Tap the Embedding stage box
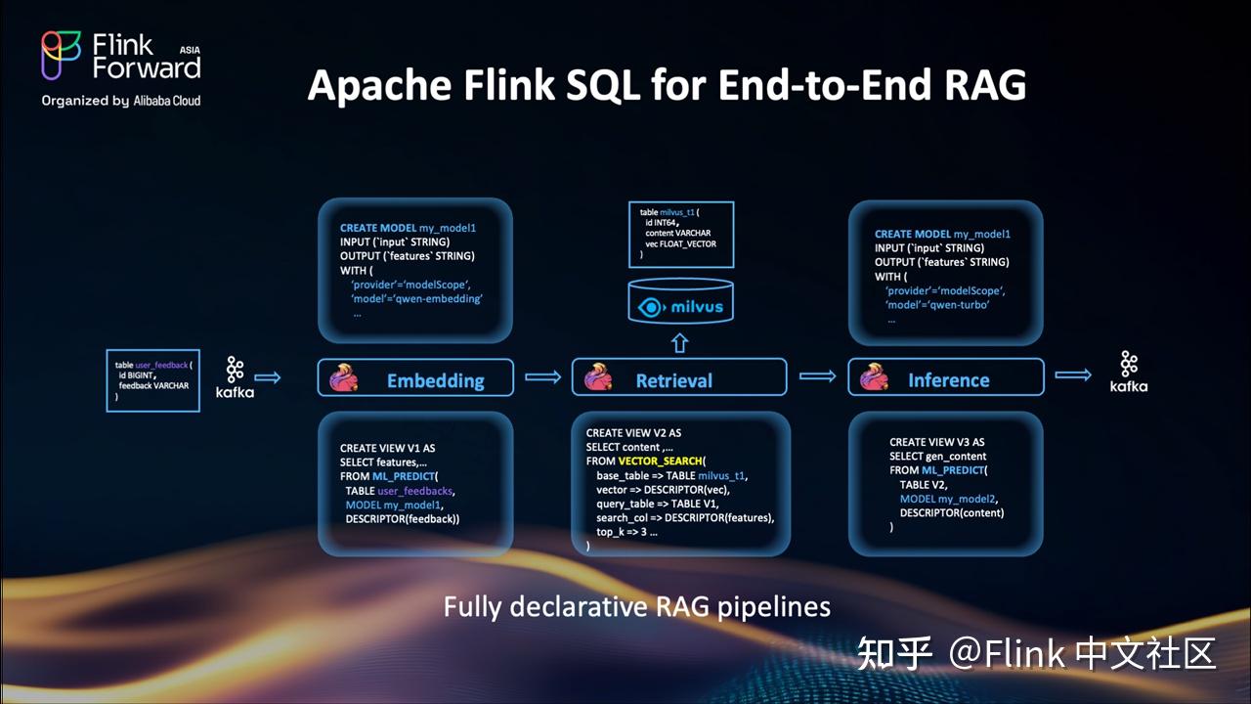[x=415, y=378]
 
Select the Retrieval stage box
[x=678, y=378]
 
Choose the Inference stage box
[x=945, y=378]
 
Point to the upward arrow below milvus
[x=680, y=343]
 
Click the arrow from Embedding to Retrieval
[x=542, y=377]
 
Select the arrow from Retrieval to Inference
[x=817, y=377]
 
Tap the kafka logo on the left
[x=235, y=376]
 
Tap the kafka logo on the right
[x=1129, y=372]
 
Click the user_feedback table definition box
[x=152, y=379]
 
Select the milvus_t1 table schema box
[x=680, y=235]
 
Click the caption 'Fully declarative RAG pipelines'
[x=636, y=607]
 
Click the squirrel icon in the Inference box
[x=874, y=378]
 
